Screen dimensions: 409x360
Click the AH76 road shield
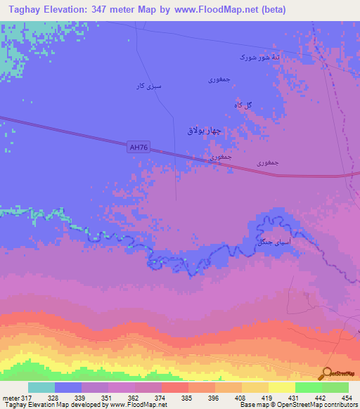138,147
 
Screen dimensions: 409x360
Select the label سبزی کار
148,86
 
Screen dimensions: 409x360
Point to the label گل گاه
243,105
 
